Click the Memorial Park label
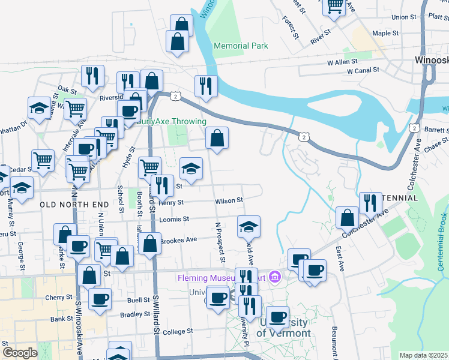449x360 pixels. click(241, 46)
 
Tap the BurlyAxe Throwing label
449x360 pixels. click(171, 121)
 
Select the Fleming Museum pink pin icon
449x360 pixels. click(276, 277)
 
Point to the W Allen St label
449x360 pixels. click(342, 61)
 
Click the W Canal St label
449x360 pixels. click(363, 70)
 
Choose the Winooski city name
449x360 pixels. click(431, 60)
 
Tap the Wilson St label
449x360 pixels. click(229, 200)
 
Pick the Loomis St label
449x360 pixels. click(174, 220)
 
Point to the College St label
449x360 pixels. click(177, 331)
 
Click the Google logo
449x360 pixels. click(19, 352)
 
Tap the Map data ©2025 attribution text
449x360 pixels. click(423, 355)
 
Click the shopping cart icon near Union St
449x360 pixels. click(334, 6)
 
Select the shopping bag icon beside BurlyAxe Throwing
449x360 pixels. click(217, 138)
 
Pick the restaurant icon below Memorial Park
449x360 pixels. click(205, 86)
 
